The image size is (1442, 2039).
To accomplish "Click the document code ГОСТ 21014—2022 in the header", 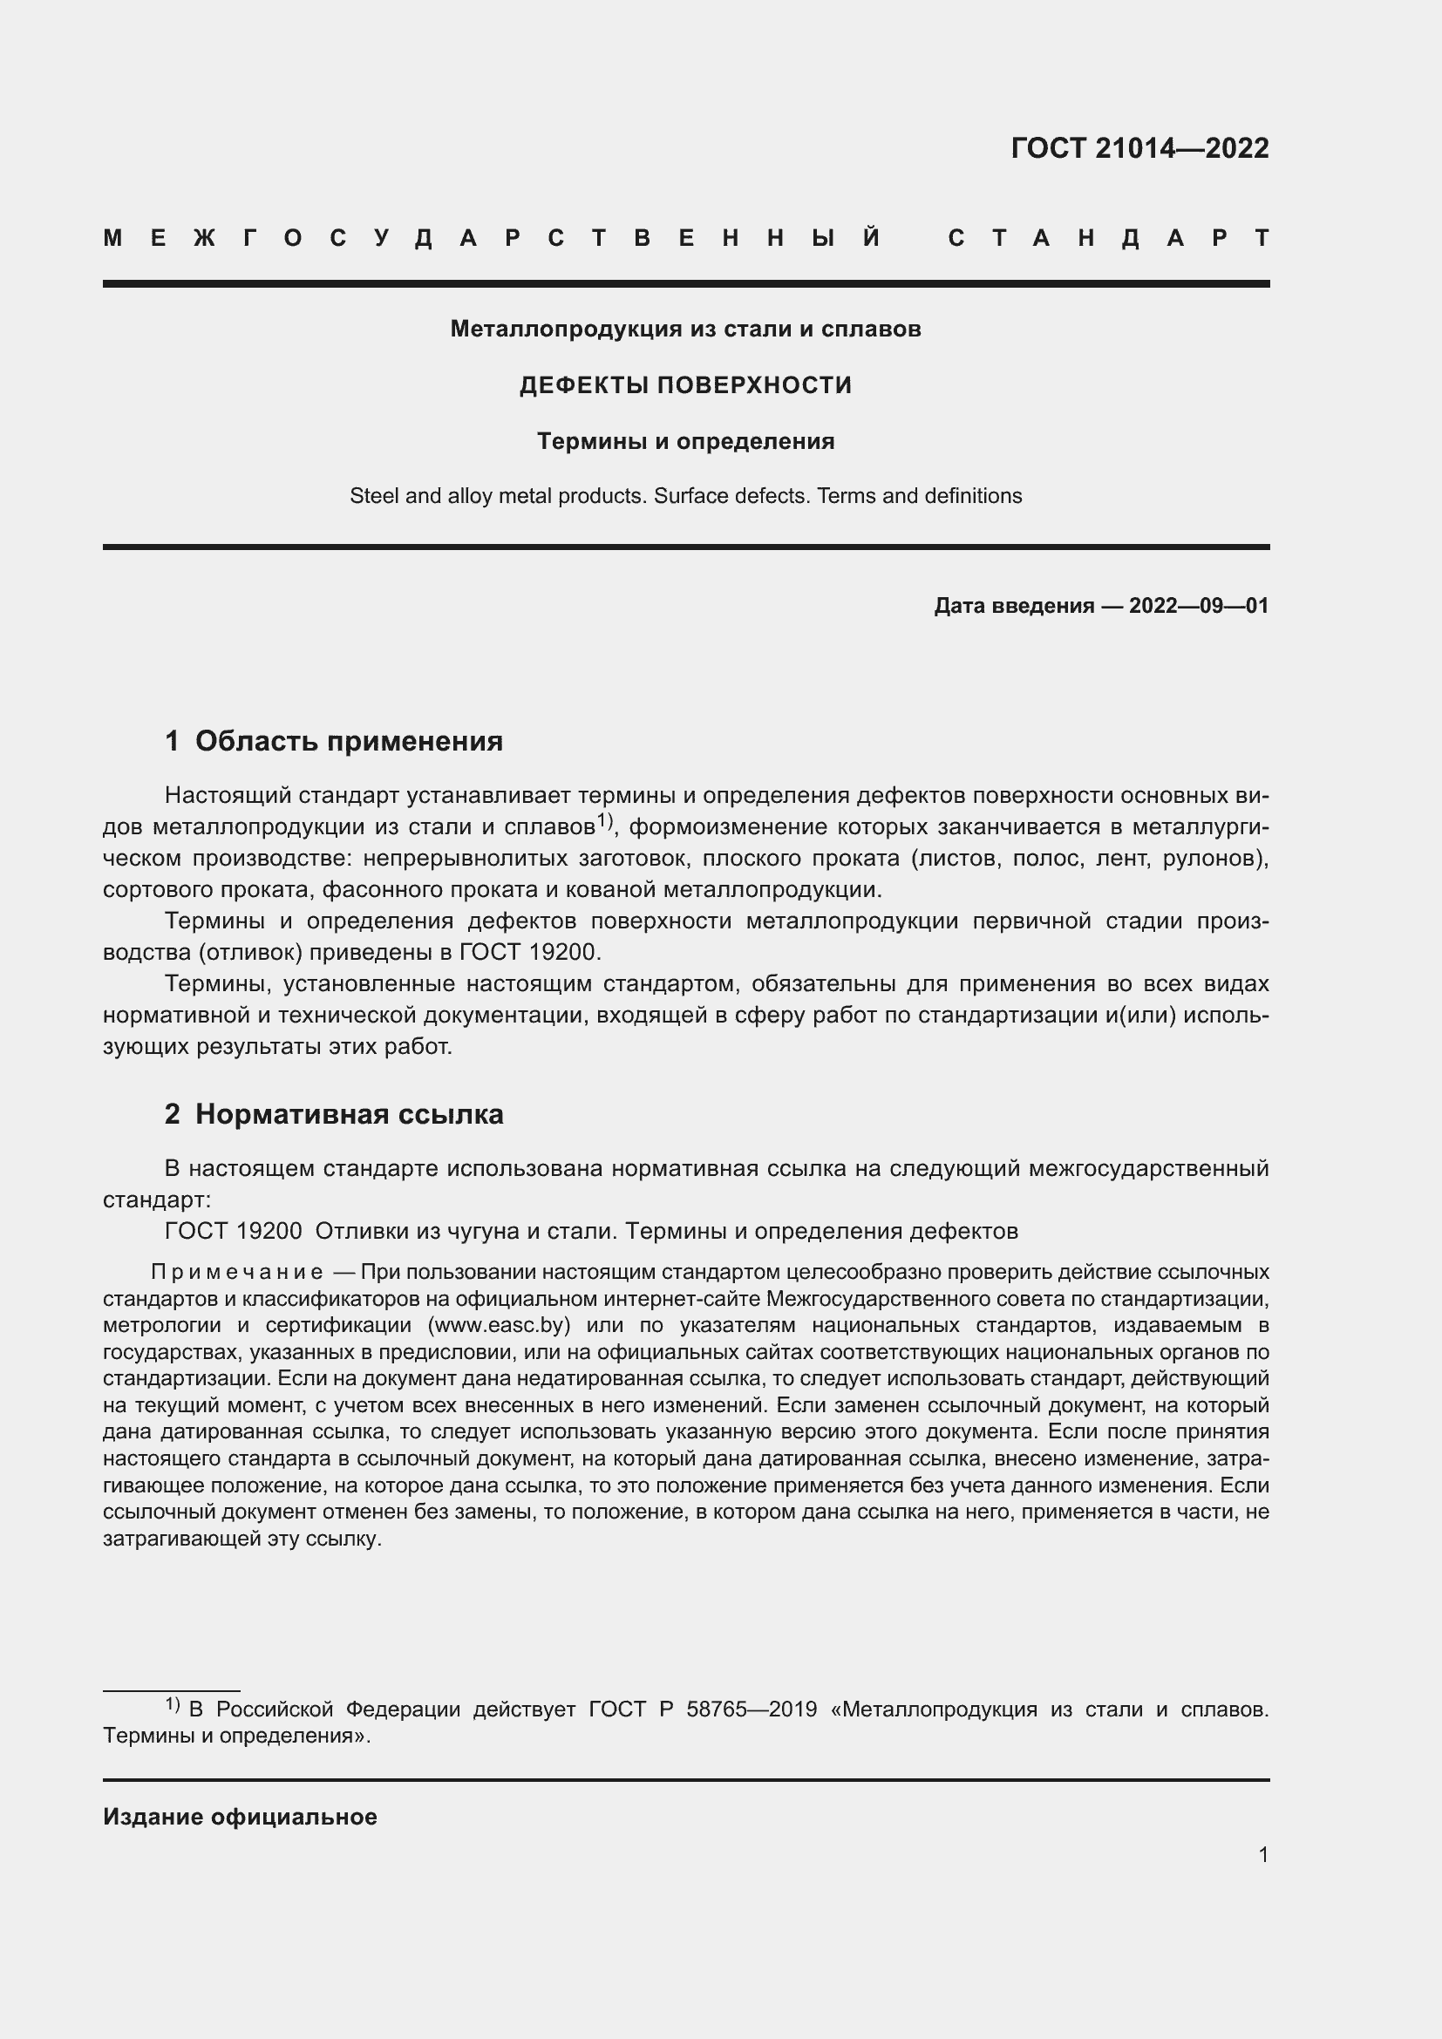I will (x=1139, y=147).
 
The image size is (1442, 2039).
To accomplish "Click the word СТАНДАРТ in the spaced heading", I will (x=1108, y=238).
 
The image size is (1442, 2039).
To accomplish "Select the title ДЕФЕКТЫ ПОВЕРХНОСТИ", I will (x=685, y=384).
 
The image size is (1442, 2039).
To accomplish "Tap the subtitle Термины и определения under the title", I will (x=685, y=441).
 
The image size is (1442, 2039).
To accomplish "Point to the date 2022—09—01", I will (x=1198, y=606).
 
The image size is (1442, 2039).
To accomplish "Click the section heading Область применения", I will (x=348, y=741).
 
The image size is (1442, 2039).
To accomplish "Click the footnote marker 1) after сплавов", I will (x=606, y=820).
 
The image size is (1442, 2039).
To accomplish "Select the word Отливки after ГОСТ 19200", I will (x=355, y=1231).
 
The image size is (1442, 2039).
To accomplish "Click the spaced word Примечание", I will (x=237, y=1272).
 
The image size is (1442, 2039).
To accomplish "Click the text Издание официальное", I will (x=240, y=1816).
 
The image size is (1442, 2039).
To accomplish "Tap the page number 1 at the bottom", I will (x=1262, y=1854).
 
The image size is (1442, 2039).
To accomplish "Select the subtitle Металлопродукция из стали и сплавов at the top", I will (x=685, y=329).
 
